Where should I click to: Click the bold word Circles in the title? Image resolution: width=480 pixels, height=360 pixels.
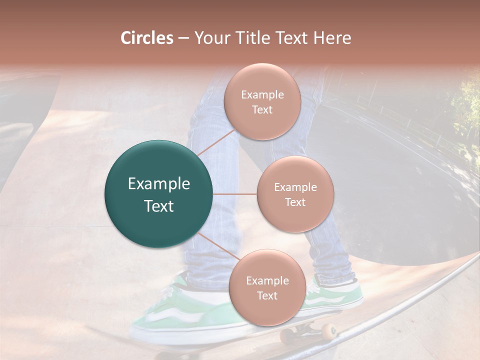coord(146,38)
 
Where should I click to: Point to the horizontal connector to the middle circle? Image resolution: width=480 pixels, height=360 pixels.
coord(235,194)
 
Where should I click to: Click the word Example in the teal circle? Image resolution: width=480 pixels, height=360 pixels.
coord(159,184)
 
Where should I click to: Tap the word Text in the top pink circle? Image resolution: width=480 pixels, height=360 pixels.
coord(262,109)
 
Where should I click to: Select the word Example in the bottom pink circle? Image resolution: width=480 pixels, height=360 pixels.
coord(267,281)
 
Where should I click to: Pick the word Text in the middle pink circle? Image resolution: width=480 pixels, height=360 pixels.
coord(295,202)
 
